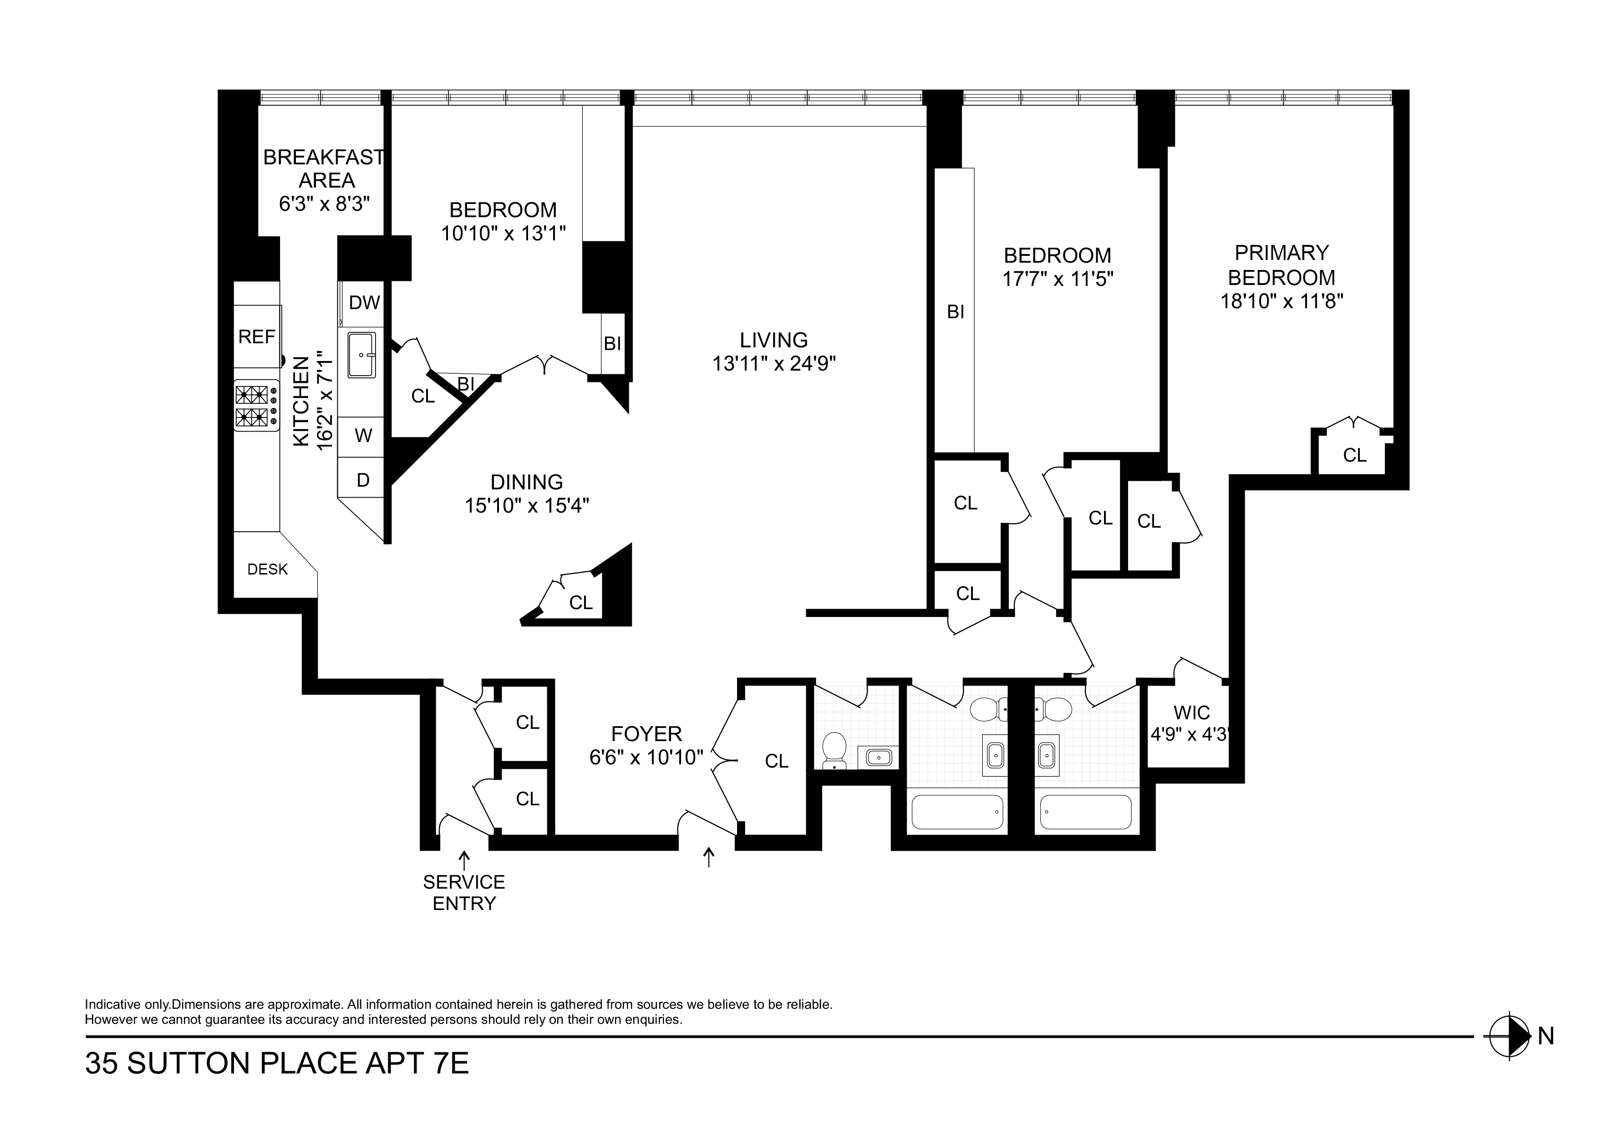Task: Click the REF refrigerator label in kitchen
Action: click(x=257, y=337)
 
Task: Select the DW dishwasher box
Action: click(x=364, y=303)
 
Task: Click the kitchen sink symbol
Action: click(x=361, y=355)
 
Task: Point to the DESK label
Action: click(x=268, y=570)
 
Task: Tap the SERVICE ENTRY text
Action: click(x=464, y=892)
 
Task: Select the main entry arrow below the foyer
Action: click(x=709, y=857)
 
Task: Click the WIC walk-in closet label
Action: click(x=1191, y=713)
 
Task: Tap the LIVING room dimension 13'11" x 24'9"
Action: click(x=773, y=364)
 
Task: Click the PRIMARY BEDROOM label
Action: click(x=1281, y=265)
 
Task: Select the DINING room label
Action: click(x=527, y=482)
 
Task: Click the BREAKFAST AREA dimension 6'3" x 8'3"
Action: click(x=324, y=204)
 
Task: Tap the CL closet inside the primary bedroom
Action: click(x=1354, y=455)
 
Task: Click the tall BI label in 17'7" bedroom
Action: click(x=956, y=312)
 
